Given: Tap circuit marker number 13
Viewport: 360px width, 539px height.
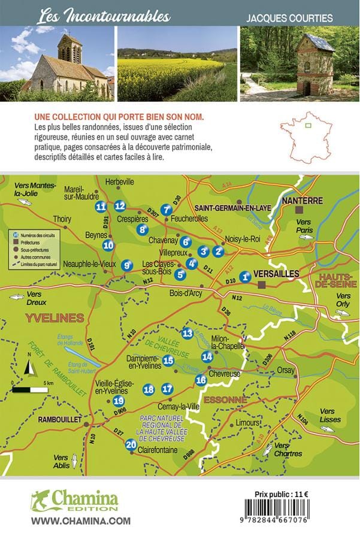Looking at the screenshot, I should pos(187,334).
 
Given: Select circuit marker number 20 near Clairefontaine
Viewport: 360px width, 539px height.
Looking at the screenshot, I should pos(131,444).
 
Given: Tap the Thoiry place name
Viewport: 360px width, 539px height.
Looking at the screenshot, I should pos(62,219).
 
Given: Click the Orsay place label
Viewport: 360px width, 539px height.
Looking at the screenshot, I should pos(285,370).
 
